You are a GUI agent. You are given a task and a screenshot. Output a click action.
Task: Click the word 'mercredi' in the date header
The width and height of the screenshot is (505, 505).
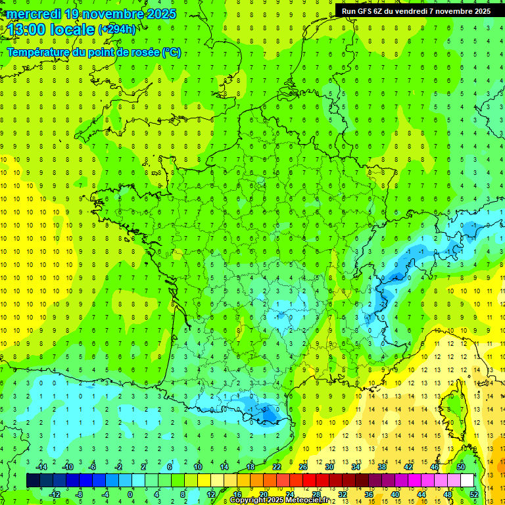click(32, 14)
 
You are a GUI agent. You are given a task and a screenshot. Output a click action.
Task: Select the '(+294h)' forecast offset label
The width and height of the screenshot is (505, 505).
click(117, 30)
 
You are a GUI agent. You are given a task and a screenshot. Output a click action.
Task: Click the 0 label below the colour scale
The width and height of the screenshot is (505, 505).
click(130, 494)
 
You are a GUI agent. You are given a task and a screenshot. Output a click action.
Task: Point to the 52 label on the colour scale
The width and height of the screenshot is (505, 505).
click(474, 494)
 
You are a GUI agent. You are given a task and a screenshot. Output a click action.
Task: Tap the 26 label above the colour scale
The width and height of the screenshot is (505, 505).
click(303, 467)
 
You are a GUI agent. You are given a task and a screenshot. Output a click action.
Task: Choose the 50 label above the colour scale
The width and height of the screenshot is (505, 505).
click(461, 467)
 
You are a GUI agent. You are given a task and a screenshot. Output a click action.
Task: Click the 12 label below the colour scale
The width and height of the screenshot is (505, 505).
click(210, 494)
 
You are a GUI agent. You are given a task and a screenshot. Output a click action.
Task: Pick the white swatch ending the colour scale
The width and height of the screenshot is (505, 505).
click(468, 481)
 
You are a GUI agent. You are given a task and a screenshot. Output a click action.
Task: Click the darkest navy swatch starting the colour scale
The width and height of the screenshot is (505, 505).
click(33, 481)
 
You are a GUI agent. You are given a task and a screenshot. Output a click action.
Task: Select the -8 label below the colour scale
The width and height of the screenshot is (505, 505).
click(78, 494)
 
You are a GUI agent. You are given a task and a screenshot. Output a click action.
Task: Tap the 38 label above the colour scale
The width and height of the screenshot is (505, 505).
click(382, 467)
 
